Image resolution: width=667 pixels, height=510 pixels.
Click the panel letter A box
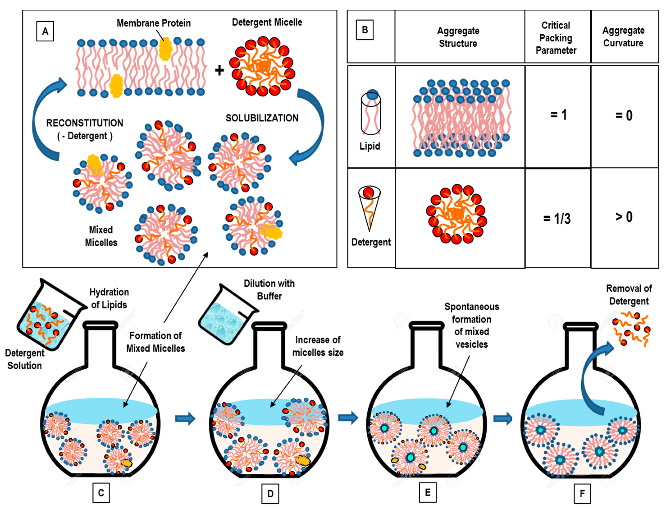point(45,31)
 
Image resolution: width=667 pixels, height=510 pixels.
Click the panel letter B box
point(364,30)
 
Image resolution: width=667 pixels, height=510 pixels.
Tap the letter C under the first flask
point(101,492)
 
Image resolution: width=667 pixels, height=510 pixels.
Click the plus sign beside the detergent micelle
point(219,70)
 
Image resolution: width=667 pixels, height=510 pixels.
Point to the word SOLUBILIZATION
point(262,118)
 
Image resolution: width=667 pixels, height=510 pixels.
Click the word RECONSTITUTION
point(85,123)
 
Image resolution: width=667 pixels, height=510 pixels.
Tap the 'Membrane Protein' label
point(154,23)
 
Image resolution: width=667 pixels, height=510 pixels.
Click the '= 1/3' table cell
point(557,218)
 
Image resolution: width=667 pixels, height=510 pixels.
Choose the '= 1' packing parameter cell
point(559,115)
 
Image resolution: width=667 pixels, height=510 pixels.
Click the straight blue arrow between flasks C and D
point(185,418)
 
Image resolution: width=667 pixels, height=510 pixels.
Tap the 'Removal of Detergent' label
point(629,295)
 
